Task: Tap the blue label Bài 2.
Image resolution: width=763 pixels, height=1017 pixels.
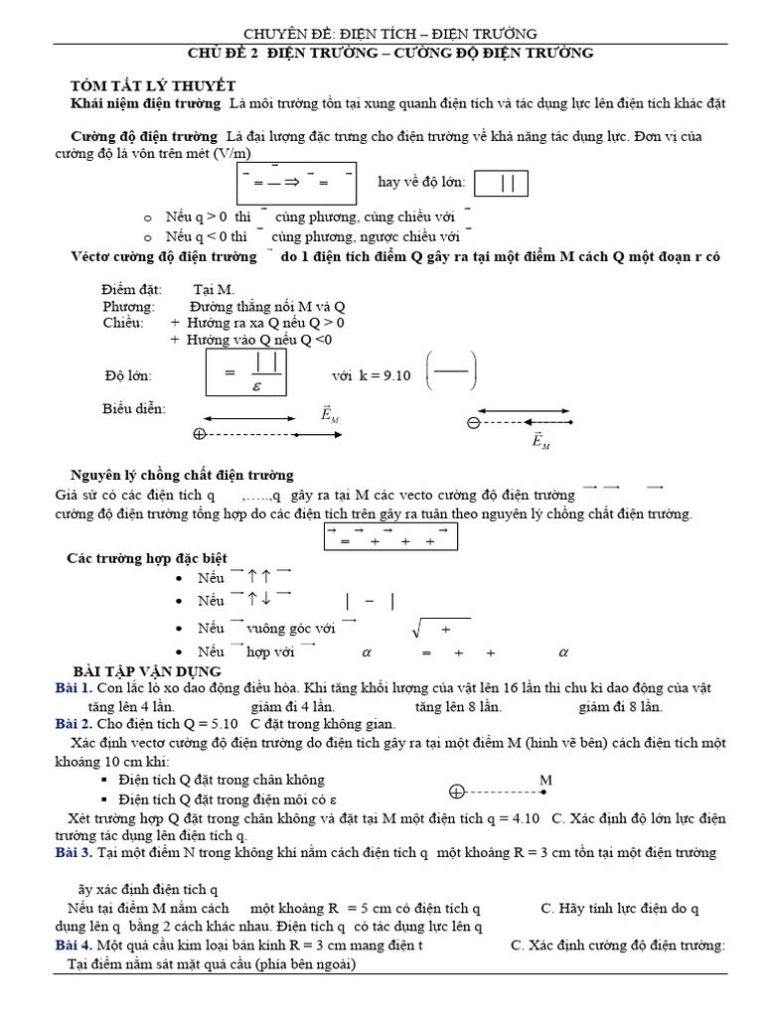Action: pos(75,725)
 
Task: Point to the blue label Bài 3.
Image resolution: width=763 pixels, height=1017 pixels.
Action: pos(75,853)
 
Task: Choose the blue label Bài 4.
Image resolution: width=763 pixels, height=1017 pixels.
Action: pos(75,945)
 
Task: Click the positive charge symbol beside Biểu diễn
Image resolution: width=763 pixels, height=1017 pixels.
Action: pos(199,434)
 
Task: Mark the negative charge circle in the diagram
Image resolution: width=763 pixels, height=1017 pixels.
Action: pos(474,423)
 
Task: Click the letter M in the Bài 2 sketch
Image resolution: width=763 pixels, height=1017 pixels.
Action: pos(545,781)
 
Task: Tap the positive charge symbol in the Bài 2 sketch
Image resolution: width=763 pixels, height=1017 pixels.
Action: pos(456,792)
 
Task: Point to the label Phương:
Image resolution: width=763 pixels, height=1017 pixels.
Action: pos(130,307)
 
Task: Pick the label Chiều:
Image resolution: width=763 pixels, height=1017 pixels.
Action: pos(124,324)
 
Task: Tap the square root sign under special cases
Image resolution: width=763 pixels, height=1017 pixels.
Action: pos(418,629)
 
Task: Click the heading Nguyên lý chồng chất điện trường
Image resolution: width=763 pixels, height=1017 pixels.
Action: pos(182,475)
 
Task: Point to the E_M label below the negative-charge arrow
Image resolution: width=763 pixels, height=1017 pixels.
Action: pos(540,442)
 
